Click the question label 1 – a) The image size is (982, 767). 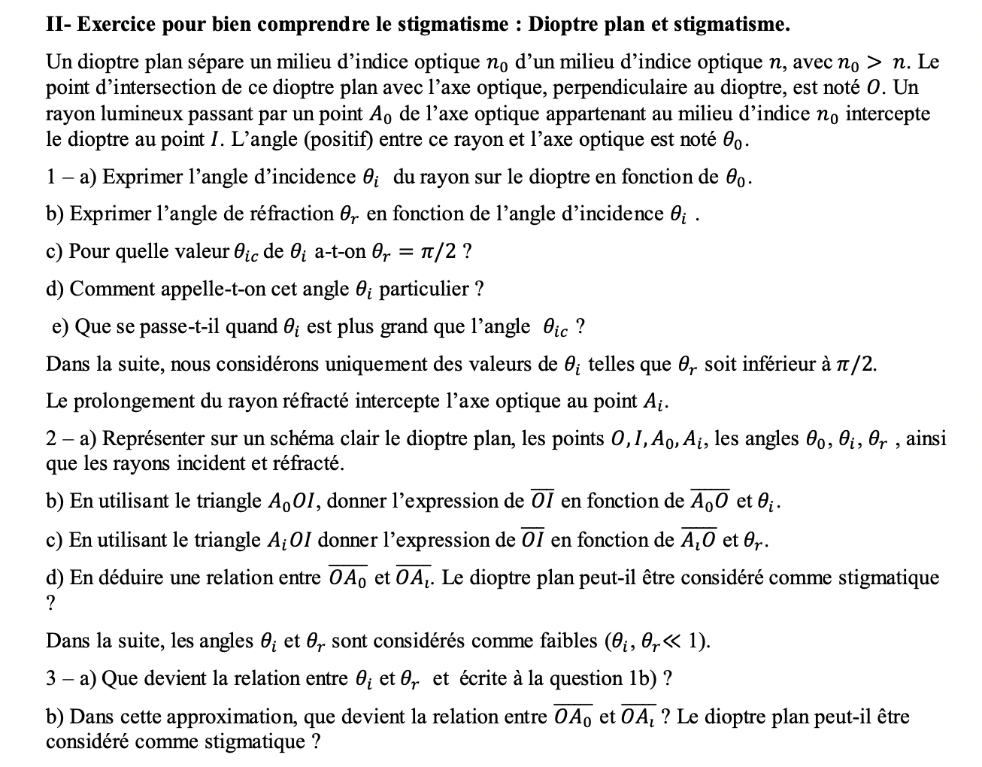(71, 177)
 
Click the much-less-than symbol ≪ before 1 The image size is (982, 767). (676, 641)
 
